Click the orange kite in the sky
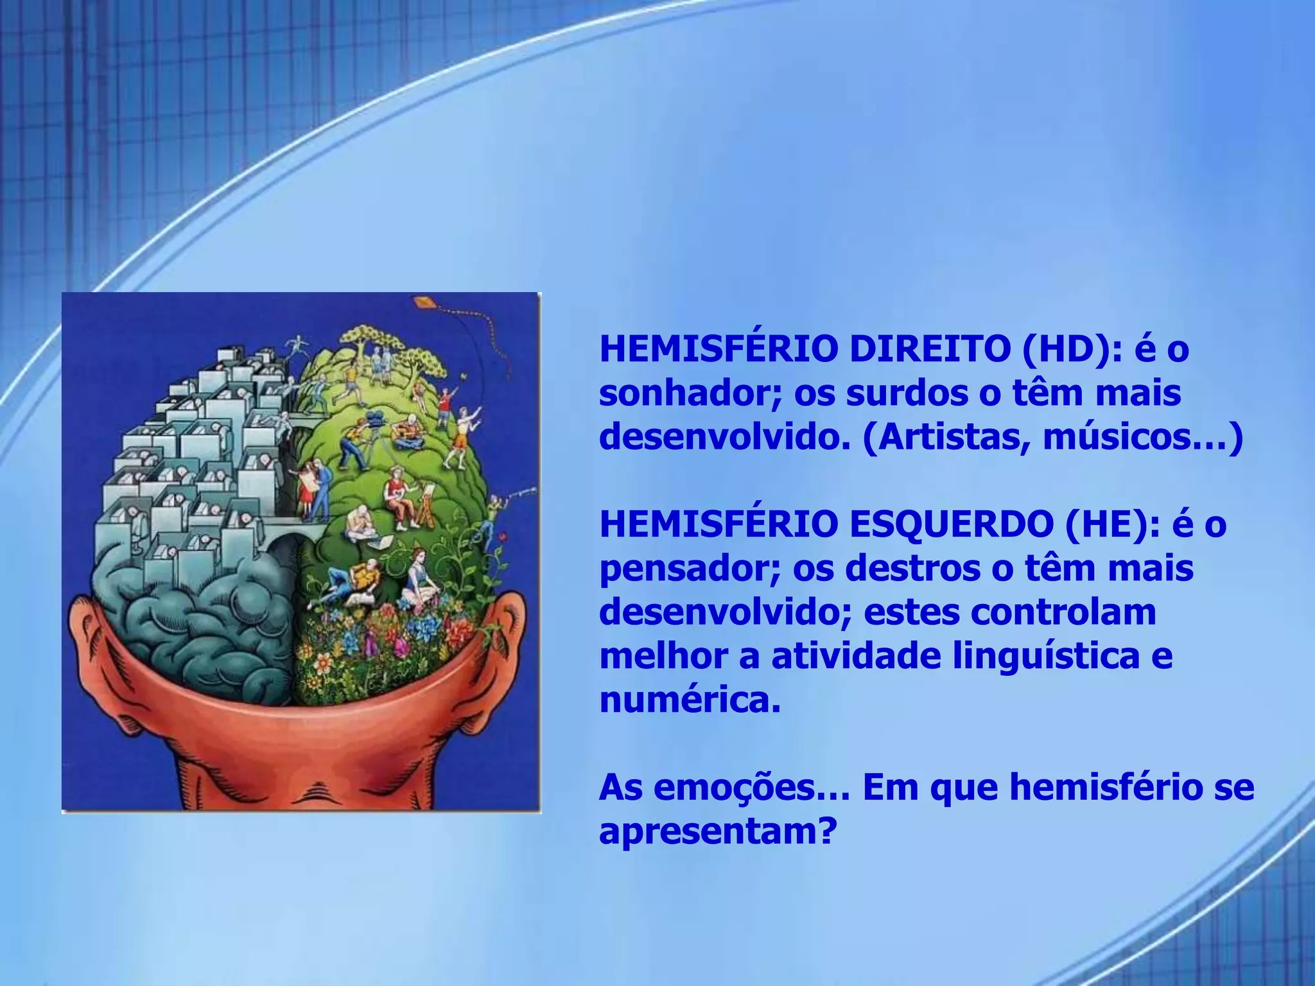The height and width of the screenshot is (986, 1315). pos(422,302)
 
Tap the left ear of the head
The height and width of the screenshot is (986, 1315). pos(96,648)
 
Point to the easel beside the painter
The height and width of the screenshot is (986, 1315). pos(425,507)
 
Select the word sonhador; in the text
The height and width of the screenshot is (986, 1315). pos(691,394)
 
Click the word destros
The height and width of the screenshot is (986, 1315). pos(912,569)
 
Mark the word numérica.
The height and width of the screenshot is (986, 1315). pos(690,700)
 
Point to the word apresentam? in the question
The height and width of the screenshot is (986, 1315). pos(718,832)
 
